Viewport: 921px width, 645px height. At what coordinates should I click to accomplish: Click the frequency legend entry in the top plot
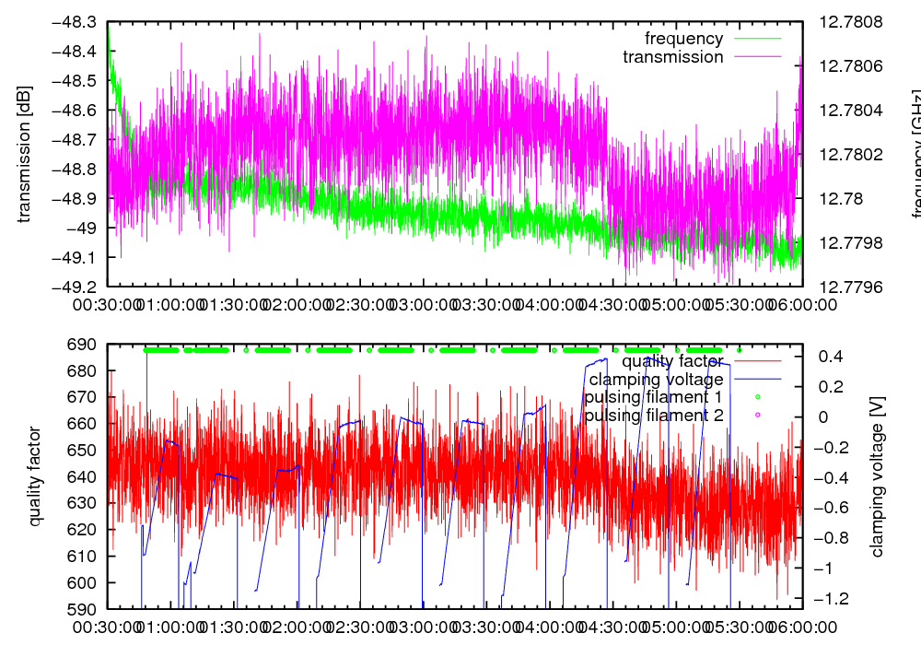click(683, 39)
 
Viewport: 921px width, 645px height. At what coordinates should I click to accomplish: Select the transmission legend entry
click(672, 57)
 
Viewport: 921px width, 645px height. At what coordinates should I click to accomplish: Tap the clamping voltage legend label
click(656, 379)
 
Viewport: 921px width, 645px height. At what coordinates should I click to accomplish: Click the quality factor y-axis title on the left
click(35, 476)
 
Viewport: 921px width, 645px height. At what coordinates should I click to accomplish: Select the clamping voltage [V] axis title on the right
click(877, 476)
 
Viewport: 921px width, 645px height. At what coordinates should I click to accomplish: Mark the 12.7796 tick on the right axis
click(853, 287)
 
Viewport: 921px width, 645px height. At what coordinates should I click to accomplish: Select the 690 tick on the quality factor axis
click(85, 345)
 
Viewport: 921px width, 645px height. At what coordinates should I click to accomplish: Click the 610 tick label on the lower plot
click(85, 556)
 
